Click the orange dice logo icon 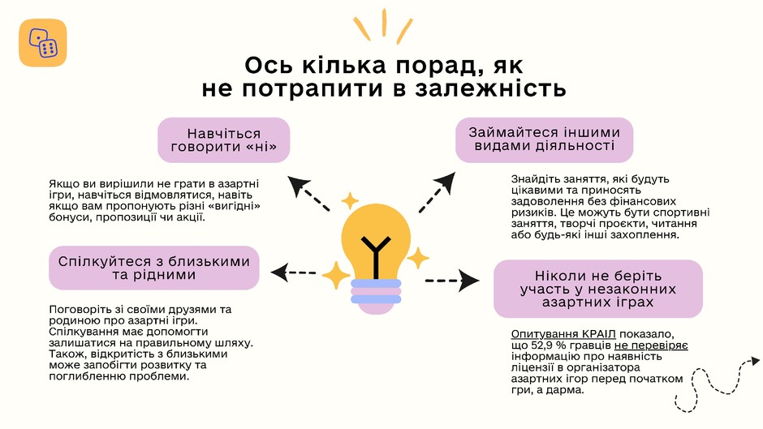[43, 43]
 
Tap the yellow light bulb [376, 243]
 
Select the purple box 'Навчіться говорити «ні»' [224, 140]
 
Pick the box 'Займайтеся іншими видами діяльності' [544, 139]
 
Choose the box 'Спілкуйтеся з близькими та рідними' [153, 268]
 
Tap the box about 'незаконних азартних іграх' [598, 289]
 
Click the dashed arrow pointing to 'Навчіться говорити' [308, 193]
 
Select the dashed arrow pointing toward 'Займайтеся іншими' [437, 192]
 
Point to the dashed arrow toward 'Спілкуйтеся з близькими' [293, 272]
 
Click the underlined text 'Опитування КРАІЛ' [563, 334]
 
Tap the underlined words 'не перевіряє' [651, 345]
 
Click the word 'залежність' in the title [490, 88]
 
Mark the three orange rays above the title [383, 26]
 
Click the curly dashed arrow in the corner [715, 384]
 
